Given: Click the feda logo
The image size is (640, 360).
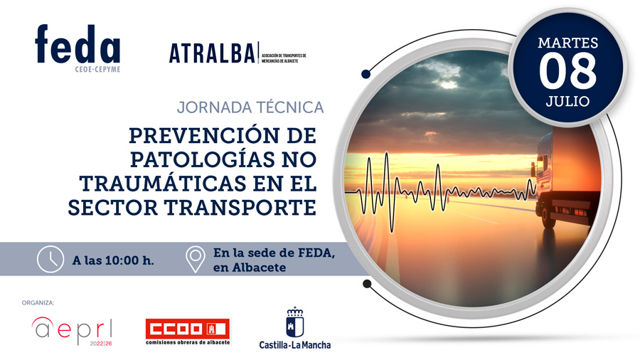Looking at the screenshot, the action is pos(78,48).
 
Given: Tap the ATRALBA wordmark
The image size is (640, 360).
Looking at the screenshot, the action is pos(212,53).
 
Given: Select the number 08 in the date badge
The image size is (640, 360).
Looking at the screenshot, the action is pos(567,72).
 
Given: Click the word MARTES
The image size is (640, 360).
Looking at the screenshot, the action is pos(567,43).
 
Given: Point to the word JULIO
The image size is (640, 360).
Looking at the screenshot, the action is pos(567,101).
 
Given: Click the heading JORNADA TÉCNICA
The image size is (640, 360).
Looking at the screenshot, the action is pos(250,107).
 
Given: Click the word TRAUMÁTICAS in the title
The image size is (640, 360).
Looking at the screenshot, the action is pos(163,184).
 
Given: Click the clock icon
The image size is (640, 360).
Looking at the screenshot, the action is pos(50,259).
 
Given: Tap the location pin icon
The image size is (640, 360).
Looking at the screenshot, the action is pos(195,259).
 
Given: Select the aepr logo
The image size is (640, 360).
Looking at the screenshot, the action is pos(72,331).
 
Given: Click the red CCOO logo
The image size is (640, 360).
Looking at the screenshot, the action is pos(188,332).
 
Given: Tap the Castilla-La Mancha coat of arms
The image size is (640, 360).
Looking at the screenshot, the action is pos(294,322).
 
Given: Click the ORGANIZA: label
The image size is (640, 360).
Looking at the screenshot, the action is pos(38,303).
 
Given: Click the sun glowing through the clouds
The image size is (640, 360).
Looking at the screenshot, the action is pos(448,85).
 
